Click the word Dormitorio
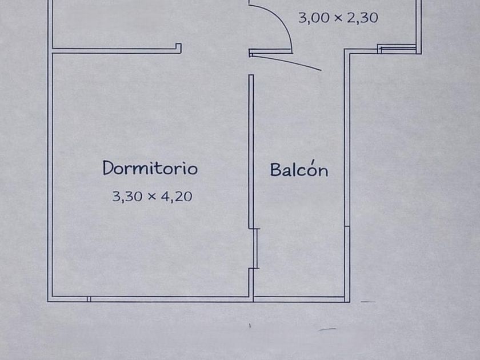click(150, 169)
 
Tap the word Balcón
click(299, 170)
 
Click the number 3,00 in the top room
click(314, 18)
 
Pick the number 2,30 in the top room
click(362, 18)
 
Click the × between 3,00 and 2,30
click(338, 18)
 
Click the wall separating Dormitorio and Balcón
click(251, 149)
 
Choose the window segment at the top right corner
click(397, 49)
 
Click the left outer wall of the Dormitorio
click(50, 171)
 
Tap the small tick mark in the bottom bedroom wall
click(89, 298)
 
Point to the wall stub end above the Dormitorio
click(179, 49)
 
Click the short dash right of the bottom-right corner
click(369, 301)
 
